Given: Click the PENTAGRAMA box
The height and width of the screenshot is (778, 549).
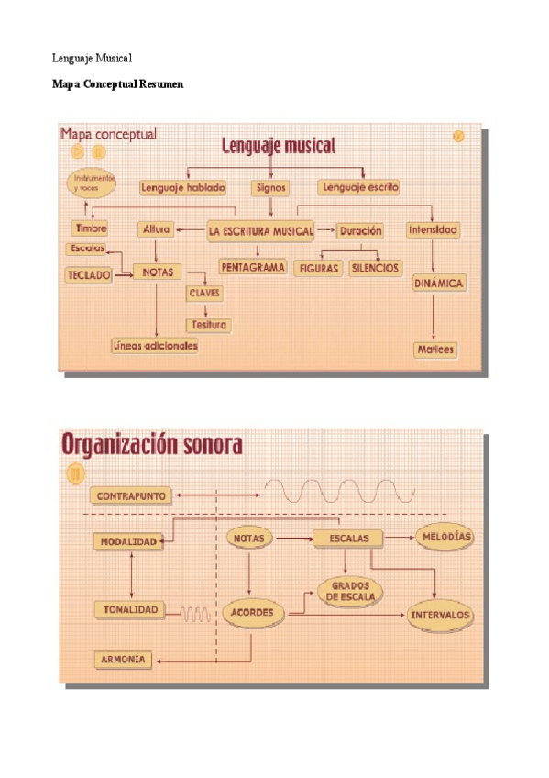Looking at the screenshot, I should click(253, 267).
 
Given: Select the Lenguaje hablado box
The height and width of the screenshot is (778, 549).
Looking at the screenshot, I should click(182, 187).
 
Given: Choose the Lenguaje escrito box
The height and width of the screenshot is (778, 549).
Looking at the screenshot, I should click(359, 187).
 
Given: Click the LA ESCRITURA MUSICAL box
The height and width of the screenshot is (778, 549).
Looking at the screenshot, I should click(261, 230).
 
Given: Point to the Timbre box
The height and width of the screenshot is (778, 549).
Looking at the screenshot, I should click(91, 228).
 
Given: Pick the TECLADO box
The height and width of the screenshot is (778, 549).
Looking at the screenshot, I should click(89, 274).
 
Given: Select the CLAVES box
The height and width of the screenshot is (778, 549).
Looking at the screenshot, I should click(204, 293).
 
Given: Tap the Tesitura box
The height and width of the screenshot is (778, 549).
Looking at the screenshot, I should click(208, 325).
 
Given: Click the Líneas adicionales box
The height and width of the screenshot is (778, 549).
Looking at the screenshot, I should click(155, 346).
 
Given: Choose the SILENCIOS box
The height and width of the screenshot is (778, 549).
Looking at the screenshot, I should click(375, 268).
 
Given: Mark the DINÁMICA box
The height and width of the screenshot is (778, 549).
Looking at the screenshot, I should click(439, 283).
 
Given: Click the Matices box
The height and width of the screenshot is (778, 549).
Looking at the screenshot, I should click(434, 350).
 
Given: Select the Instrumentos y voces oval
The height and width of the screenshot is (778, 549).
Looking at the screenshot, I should click(92, 182).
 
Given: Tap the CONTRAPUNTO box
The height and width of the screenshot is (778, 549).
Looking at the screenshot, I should click(132, 495).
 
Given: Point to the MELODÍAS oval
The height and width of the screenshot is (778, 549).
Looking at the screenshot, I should click(445, 537).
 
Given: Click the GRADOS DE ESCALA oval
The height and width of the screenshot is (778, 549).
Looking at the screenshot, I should click(350, 592).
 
